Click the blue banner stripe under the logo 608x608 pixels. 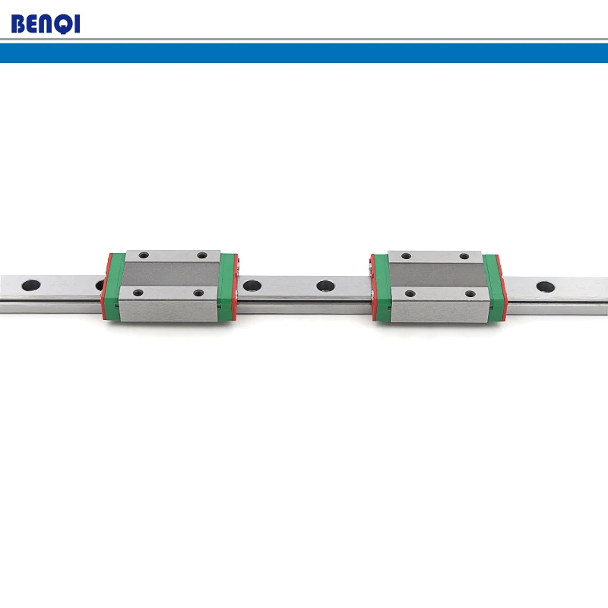[x=304, y=52]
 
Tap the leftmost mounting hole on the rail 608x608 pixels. [x=30, y=286]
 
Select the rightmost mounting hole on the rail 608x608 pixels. [x=545, y=287]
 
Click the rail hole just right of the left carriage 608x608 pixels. [x=251, y=287]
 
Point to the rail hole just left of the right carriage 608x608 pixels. [x=325, y=287]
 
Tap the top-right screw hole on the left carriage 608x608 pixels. [x=202, y=256]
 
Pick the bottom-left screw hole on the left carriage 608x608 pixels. [x=138, y=292]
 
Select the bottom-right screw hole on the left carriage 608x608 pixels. [x=199, y=292]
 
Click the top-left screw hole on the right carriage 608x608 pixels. [x=406, y=256]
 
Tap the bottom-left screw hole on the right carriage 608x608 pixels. [x=410, y=293]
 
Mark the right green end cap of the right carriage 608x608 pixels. [x=492, y=286]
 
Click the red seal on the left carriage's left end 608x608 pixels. [x=105, y=286]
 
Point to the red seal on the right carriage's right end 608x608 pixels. [x=502, y=287]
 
